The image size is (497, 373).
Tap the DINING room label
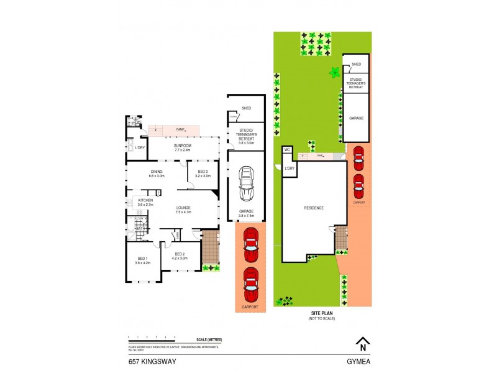(156, 172)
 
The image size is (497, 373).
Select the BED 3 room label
(203, 172)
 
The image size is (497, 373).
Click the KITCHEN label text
(145, 200)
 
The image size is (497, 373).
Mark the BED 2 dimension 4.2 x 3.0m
(181, 258)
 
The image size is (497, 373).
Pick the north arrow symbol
(360, 342)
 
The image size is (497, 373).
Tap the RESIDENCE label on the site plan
(314, 208)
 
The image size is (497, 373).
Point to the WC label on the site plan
(288, 150)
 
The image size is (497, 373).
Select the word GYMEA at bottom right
(358, 360)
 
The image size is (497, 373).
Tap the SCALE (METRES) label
(208, 339)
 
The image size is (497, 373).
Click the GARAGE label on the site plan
(356, 117)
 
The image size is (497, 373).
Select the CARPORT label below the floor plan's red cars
(250, 306)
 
